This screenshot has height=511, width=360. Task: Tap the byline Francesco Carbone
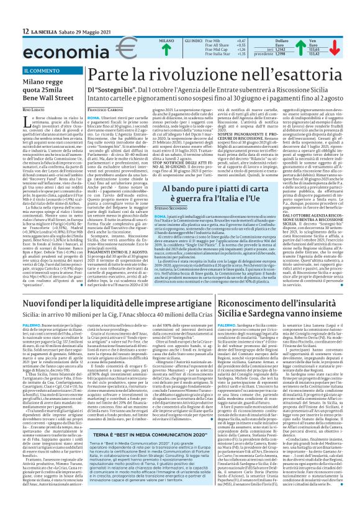click(106, 109)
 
